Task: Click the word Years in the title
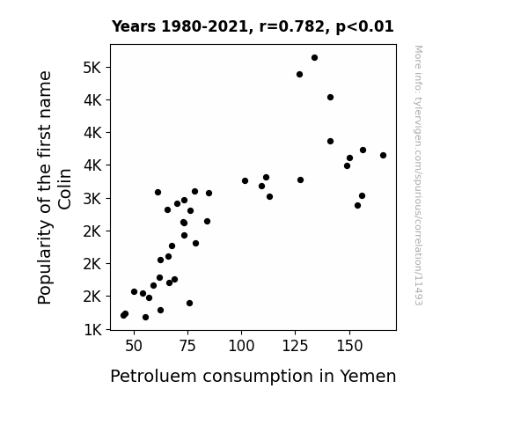(x=134, y=26)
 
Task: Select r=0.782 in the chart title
(x=292, y=26)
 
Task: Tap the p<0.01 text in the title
(x=364, y=27)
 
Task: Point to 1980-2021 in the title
(x=204, y=26)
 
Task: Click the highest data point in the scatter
(x=315, y=58)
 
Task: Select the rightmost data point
(x=383, y=155)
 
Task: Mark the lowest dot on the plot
(x=145, y=318)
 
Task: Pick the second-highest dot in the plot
(x=299, y=75)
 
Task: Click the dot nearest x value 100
(x=245, y=180)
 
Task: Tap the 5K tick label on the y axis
(x=92, y=68)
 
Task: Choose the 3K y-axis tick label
(x=92, y=199)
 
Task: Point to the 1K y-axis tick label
(x=93, y=330)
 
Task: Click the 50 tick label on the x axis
(x=134, y=346)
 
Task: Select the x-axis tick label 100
(x=241, y=346)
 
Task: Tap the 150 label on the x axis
(x=349, y=346)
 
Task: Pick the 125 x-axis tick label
(x=296, y=346)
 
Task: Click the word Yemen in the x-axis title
(x=368, y=376)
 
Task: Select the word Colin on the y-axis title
(x=64, y=189)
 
